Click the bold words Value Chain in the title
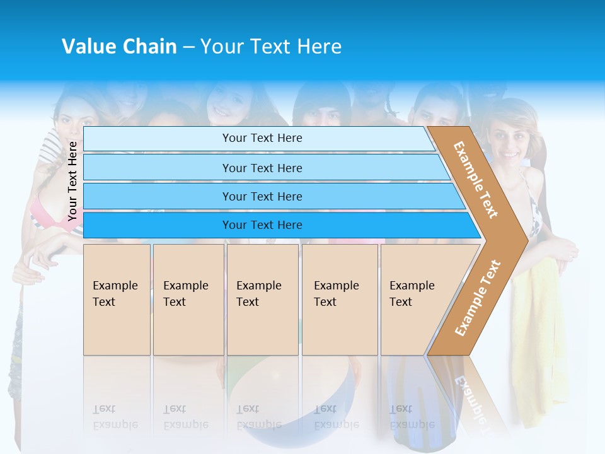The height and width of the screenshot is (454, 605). (119, 46)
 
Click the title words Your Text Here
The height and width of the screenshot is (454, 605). (271, 46)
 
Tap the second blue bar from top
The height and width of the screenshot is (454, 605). (262, 168)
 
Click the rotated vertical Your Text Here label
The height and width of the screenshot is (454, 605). (72, 181)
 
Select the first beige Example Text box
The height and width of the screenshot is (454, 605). (117, 300)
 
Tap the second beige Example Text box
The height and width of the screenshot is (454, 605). (188, 300)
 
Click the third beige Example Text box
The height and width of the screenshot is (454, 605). (262, 300)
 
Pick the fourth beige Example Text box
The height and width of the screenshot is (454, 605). (339, 300)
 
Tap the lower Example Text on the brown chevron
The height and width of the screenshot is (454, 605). (478, 298)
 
